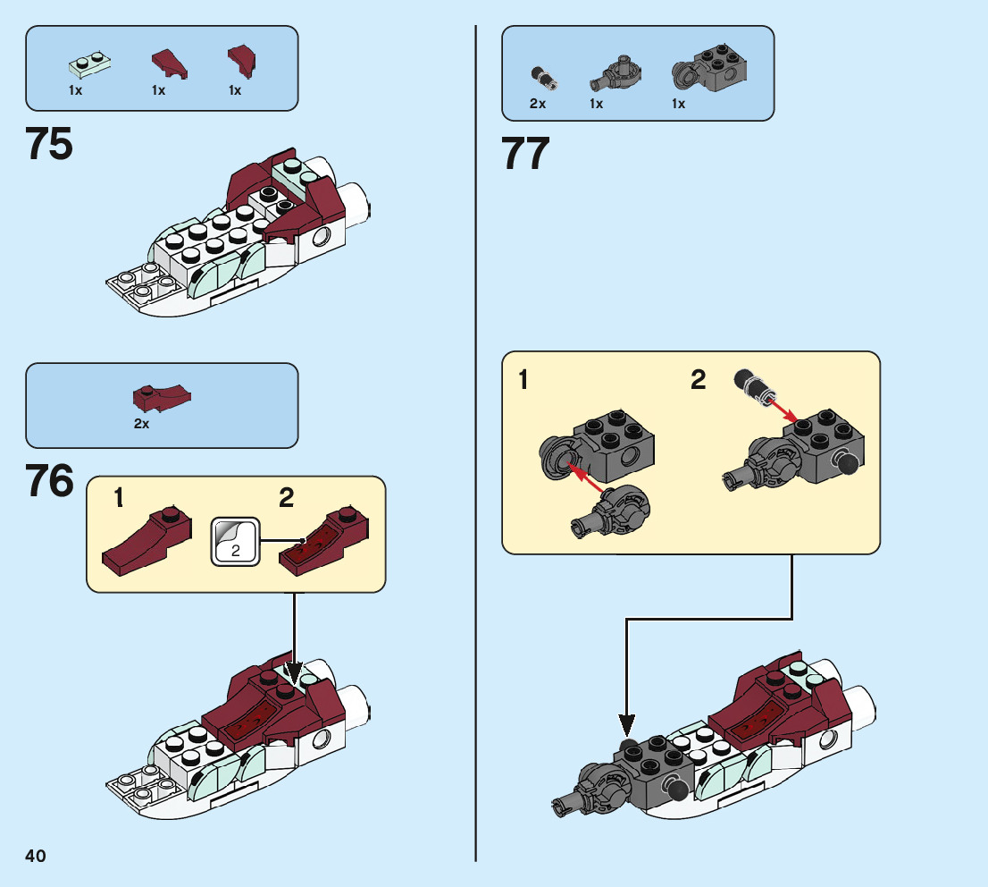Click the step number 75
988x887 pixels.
click(50, 144)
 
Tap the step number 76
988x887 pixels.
click(50, 482)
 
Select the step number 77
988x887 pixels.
click(525, 155)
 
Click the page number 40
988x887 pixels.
click(36, 856)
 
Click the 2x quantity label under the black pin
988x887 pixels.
click(537, 104)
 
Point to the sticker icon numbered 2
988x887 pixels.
click(235, 541)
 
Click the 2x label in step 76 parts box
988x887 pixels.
click(141, 424)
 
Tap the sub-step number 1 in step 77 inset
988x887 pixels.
click(523, 381)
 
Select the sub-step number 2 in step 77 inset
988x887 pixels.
click(698, 381)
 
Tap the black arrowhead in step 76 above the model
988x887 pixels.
click(294, 672)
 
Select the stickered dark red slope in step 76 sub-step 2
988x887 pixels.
click(320, 541)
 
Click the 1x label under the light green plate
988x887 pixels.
click(75, 90)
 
